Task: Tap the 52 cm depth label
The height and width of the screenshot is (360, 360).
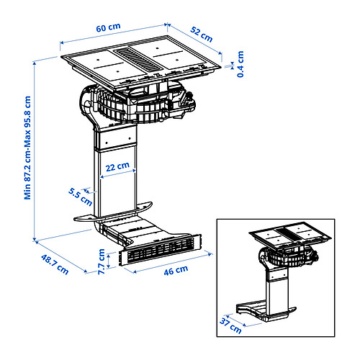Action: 202,31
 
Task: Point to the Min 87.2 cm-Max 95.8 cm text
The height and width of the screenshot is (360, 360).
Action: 27,148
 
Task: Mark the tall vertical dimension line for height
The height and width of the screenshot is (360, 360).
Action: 35,148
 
